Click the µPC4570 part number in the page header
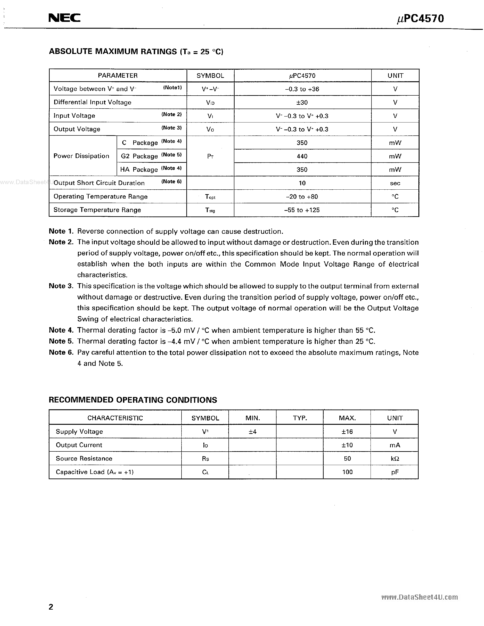[420, 19]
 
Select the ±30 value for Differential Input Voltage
[302, 102]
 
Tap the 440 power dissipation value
[302, 156]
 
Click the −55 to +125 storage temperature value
[302, 210]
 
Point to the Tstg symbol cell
[210, 210]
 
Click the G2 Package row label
[139, 156]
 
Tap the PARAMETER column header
[118, 76]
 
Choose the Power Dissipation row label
[82, 156]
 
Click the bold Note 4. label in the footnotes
[61, 330]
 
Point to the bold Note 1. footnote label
[61, 231]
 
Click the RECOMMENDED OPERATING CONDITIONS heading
[133, 400]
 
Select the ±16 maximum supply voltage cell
[347, 432]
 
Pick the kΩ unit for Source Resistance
[395, 459]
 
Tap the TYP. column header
[300, 418]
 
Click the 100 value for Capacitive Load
[347, 472]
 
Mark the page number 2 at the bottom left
[51, 607]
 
